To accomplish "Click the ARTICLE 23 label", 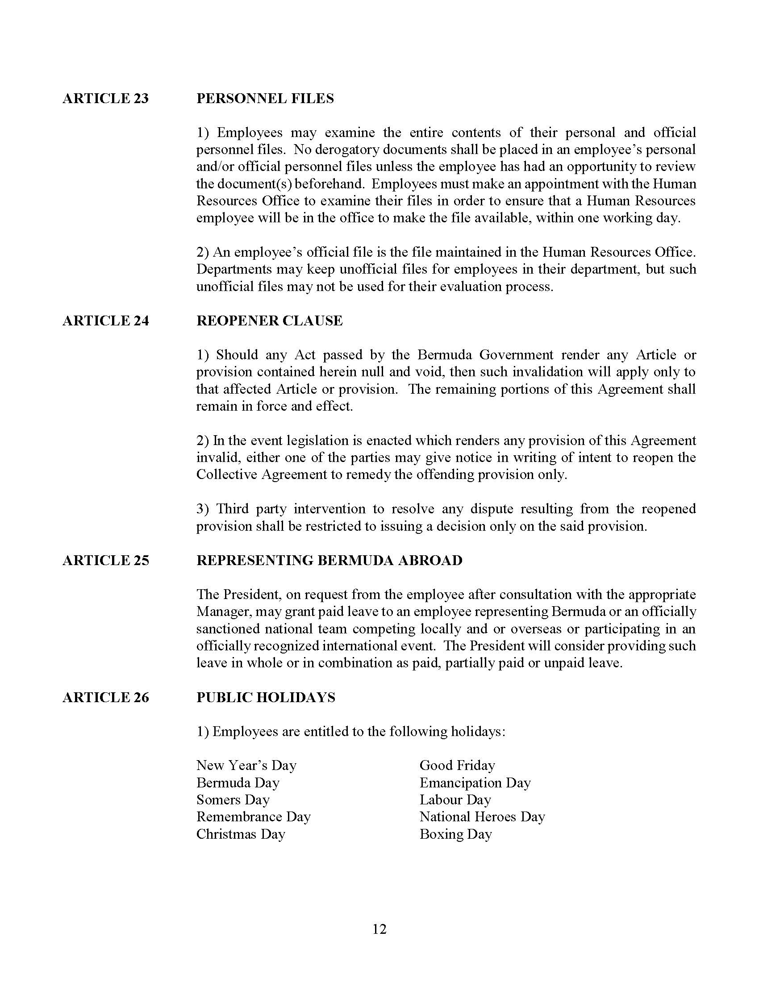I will coord(105,99).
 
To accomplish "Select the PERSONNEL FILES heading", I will coord(265,99).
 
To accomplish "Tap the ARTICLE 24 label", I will coord(105,320).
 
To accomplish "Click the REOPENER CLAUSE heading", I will coord(269,320).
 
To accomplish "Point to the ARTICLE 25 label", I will coord(105,560).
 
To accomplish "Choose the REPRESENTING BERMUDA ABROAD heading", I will coord(329,560).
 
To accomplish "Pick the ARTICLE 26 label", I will coord(105,697).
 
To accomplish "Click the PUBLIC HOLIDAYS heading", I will coord(266,697).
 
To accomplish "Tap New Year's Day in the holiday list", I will coord(246,765).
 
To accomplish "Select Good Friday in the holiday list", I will coord(457,765).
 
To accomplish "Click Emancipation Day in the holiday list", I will coord(475,783).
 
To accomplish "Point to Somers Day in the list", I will coord(233,800).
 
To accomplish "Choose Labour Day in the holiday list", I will coord(455,800).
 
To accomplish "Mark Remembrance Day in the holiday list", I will coord(254,816).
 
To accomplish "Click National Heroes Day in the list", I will coord(482,816).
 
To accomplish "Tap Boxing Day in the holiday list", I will coord(455,834).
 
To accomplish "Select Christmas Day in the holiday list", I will coord(241,834).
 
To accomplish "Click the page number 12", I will coord(379,929).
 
